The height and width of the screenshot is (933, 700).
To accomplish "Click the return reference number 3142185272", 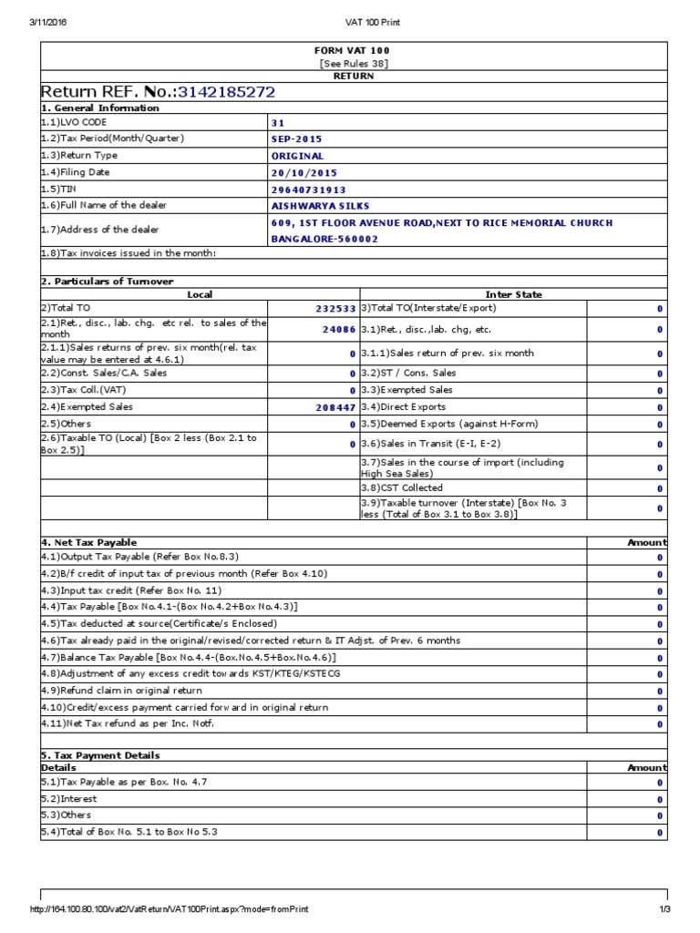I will click(226, 92).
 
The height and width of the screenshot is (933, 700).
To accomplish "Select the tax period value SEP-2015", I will click(296, 139).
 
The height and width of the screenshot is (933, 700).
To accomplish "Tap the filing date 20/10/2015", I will click(304, 172).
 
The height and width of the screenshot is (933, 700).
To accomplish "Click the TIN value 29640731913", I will click(308, 190).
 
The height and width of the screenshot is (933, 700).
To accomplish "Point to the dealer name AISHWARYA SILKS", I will click(314, 206).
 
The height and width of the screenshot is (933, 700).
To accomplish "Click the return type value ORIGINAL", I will click(297, 156).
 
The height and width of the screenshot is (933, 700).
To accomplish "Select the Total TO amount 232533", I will click(335, 310).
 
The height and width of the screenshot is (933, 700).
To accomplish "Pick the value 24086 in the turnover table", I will click(339, 330).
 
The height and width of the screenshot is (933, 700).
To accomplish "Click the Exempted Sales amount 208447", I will click(335, 407).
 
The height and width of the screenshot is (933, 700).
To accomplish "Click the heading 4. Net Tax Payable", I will click(88, 542).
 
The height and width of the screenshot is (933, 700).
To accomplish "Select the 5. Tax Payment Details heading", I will click(100, 755).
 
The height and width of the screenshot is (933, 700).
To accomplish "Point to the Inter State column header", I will click(513, 294).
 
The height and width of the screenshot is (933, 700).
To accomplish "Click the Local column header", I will click(200, 294).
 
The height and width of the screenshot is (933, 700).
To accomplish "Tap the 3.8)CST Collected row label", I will click(402, 488).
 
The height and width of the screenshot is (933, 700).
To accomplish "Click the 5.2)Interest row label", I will click(68, 799).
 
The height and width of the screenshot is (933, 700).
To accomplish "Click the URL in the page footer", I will click(170, 909).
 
